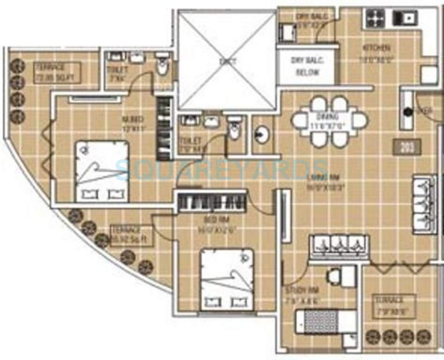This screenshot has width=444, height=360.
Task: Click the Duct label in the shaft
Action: [x=228, y=61]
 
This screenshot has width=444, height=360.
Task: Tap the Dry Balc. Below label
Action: [x=307, y=67]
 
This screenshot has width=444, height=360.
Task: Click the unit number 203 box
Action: [x=407, y=147]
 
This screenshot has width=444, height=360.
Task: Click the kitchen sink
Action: [x=405, y=18]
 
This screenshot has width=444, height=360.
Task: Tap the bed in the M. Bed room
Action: [x=102, y=171]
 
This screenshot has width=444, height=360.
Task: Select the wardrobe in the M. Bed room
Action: [x=163, y=128]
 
